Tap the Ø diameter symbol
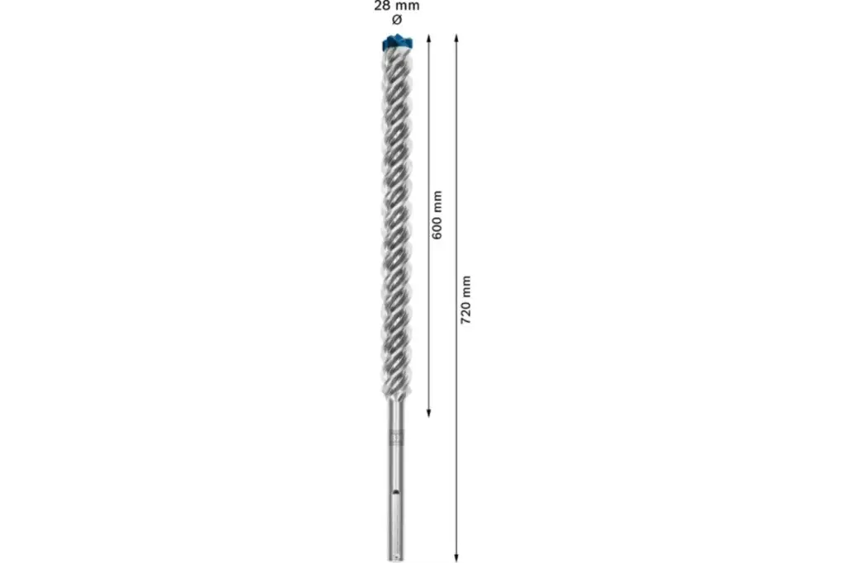[x=397, y=19]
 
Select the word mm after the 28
[x=408, y=5]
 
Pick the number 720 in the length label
[x=465, y=315]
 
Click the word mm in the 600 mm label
[x=437, y=202]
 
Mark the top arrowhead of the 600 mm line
[x=429, y=38]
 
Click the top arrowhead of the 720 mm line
[x=456, y=38]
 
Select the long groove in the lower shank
[x=396, y=516]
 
